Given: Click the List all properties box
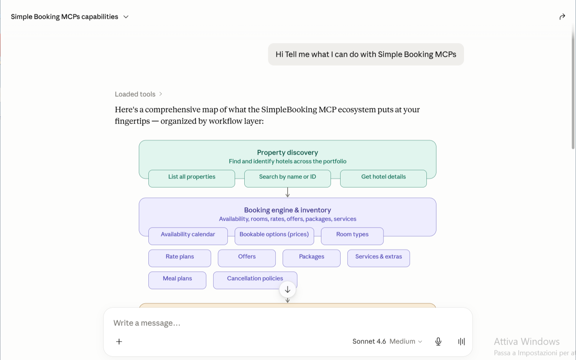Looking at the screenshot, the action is click(192, 178).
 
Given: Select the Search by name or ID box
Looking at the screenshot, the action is click(288, 178).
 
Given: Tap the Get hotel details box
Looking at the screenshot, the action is click(383, 178).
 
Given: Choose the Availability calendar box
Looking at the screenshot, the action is click(188, 236).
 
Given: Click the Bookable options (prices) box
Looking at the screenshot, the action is click(274, 236).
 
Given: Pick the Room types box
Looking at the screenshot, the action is click(352, 236).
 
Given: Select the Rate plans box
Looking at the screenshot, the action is click(180, 258).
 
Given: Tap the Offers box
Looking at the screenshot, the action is click(247, 258).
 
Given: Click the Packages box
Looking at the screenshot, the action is click(311, 258).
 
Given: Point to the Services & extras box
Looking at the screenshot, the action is click(379, 258).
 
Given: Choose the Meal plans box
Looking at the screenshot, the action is click(177, 280).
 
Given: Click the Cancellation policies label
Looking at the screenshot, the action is click(255, 278).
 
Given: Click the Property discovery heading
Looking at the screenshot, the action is click(288, 152).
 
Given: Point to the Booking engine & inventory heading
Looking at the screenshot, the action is click(288, 210).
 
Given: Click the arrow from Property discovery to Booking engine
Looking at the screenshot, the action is click(288, 192).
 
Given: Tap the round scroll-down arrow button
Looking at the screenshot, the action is click(288, 290).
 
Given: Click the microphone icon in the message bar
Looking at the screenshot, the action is click(438, 342).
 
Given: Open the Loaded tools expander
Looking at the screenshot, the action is click(138, 94).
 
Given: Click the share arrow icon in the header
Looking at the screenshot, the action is click(562, 17).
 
